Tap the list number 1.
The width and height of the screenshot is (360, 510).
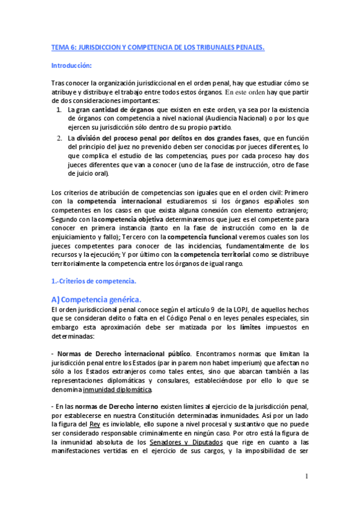click(58, 111)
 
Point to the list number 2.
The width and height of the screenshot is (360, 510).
click(58, 138)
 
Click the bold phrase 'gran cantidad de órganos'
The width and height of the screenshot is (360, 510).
click(114, 111)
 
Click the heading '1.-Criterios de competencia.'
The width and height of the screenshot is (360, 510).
click(94, 281)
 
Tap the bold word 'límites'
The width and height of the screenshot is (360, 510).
click(251, 327)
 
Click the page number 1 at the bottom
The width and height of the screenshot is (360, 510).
click(307, 476)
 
